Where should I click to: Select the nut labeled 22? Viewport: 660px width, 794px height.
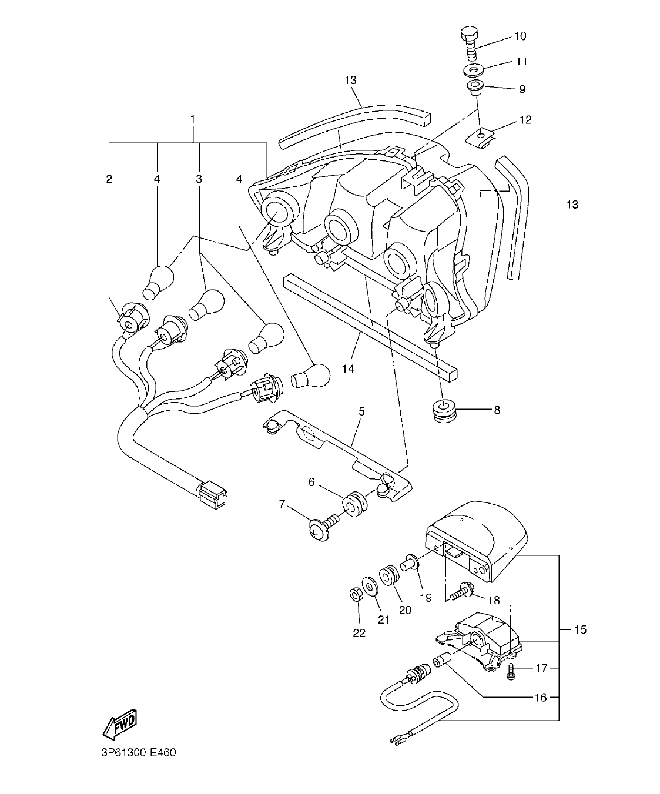tap(355, 595)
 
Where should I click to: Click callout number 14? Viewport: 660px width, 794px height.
tap(349, 369)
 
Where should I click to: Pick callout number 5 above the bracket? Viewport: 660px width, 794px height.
tap(361, 411)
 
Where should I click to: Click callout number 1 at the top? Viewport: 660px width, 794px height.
tap(193, 119)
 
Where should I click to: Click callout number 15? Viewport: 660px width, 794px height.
tap(580, 630)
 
